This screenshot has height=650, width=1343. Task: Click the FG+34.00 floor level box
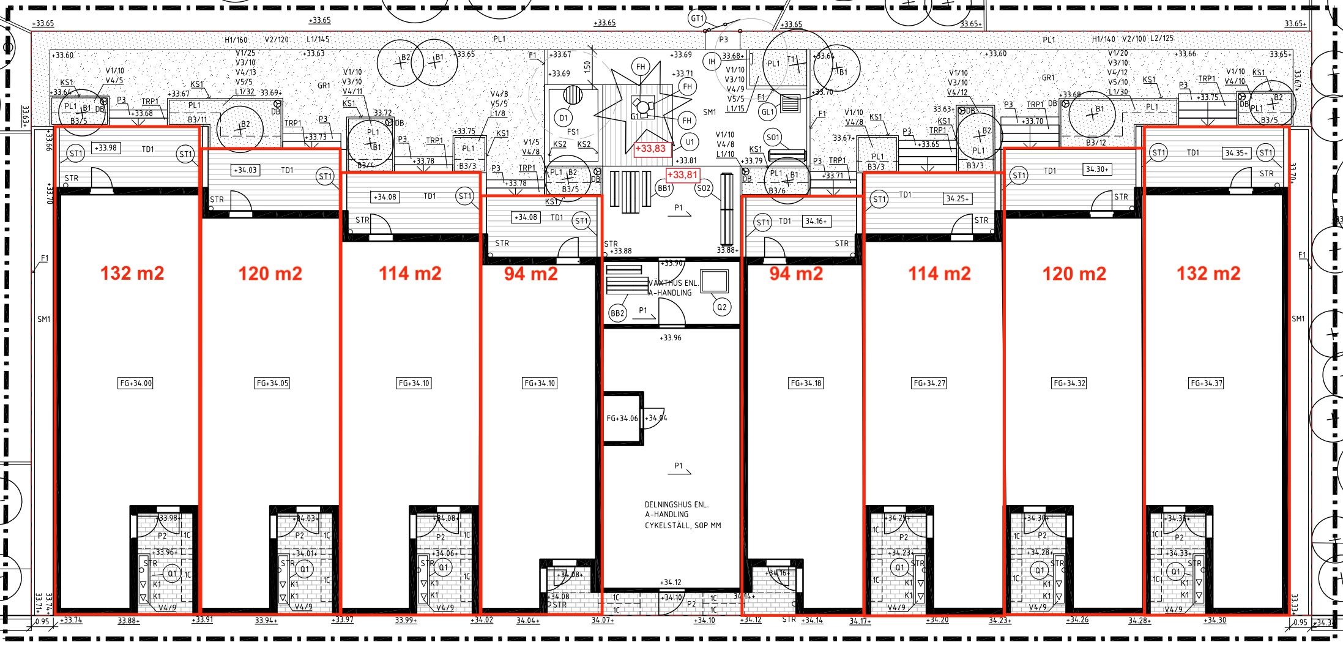click(x=136, y=383)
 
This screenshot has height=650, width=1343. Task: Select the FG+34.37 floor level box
click(x=1206, y=383)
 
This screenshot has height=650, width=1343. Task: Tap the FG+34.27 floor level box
click(x=929, y=383)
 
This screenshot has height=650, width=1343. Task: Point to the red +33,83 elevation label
click(x=650, y=149)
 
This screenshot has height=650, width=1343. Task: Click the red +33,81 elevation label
click(x=682, y=175)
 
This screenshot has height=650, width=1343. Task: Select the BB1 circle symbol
click(x=664, y=189)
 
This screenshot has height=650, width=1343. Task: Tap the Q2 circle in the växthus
click(x=722, y=307)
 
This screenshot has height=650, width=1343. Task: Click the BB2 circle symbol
click(x=617, y=313)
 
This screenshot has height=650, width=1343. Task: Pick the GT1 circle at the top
click(x=698, y=18)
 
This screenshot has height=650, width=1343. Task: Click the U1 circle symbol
click(x=690, y=142)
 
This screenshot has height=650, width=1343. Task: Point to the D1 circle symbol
click(x=564, y=118)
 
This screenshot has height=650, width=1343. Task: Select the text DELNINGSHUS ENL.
click(x=676, y=505)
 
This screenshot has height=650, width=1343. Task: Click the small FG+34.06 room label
click(x=622, y=419)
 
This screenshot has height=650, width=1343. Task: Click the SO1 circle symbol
click(x=773, y=137)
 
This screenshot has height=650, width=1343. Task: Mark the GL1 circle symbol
click(x=767, y=112)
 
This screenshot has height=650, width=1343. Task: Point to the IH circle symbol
click(x=712, y=62)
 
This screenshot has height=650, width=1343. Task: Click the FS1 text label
click(x=573, y=132)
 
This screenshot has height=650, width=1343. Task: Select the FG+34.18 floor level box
click(x=806, y=383)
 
